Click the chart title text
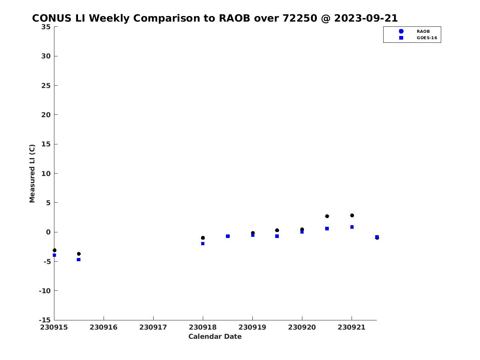(x=214, y=18)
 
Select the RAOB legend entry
(x=415, y=31)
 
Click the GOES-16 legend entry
(x=418, y=38)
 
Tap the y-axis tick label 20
(x=46, y=115)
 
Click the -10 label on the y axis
(x=45, y=291)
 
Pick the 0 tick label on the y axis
(x=48, y=232)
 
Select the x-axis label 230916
(x=104, y=327)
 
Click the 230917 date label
(x=153, y=327)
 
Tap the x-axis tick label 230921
(x=352, y=327)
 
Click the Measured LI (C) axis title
(x=32, y=174)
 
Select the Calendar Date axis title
(x=215, y=336)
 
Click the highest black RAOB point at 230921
(x=352, y=216)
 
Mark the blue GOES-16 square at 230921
(x=352, y=227)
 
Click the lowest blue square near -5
(x=78, y=260)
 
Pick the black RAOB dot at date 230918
(x=203, y=238)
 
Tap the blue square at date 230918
(x=203, y=244)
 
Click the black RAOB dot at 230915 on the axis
(x=54, y=250)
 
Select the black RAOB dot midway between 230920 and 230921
(x=327, y=216)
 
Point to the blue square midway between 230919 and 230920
(x=277, y=236)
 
